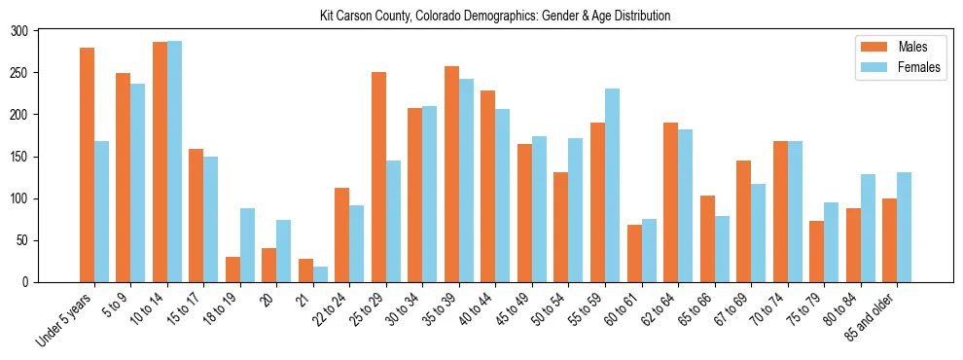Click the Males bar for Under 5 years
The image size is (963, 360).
click(x=87, y=164)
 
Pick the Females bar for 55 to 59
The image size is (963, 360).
click(x=612, y=185)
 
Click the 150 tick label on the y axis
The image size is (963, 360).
click(x=19, y=157)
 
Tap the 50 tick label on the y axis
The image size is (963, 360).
click(x=22, y=240)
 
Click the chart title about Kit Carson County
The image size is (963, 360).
click(x=495, y=17)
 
